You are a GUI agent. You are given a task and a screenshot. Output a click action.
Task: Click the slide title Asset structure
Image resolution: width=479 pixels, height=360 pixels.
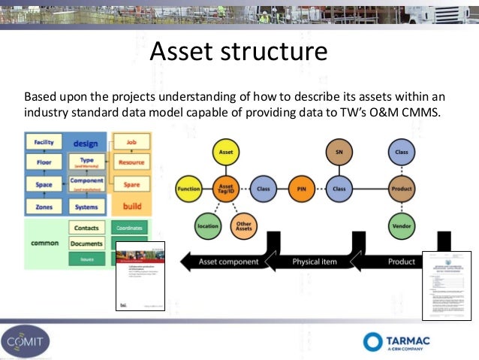(x=239, y=51)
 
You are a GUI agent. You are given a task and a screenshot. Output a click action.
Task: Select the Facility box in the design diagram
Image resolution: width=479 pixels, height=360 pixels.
(x=44, y=141)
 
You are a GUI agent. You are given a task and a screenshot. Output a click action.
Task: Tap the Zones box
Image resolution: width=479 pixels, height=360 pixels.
(x=44, y=206)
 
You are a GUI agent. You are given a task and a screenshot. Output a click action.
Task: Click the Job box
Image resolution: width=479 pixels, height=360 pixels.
(x=131, y=141)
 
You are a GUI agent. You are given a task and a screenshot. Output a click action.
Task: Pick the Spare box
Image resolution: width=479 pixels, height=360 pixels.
(x=131, y=184)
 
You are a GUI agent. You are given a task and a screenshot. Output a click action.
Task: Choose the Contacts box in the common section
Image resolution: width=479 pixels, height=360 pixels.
(x=86, y=227)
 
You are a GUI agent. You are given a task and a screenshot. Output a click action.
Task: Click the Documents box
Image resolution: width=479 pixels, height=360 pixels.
(x=87, y=244)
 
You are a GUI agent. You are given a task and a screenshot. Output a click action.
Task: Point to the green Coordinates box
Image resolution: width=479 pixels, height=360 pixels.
(x=131, y=227)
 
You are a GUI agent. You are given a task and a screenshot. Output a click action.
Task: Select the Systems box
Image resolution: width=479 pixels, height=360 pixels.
(x=87, y=206)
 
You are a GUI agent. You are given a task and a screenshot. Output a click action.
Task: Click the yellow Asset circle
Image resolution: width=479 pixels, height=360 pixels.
(x=225, y=153)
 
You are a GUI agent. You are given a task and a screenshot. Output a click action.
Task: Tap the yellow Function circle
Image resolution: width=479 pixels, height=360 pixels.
(x=188, y=189)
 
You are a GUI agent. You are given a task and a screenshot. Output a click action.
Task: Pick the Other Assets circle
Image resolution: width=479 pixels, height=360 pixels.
(x=243, y=224)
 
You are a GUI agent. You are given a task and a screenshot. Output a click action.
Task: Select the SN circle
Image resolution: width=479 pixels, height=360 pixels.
(x=339, y=153)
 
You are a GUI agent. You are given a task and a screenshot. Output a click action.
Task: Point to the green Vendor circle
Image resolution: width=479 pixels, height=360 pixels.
(x=402, y=225)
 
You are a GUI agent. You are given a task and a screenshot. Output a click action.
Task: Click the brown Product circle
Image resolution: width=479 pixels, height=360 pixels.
(x=402, y=189)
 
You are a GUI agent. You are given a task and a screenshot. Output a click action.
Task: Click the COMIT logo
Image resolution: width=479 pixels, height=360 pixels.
(x=27, y=340)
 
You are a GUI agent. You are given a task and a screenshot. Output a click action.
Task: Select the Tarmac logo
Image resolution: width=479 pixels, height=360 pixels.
(x=397, y=341)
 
